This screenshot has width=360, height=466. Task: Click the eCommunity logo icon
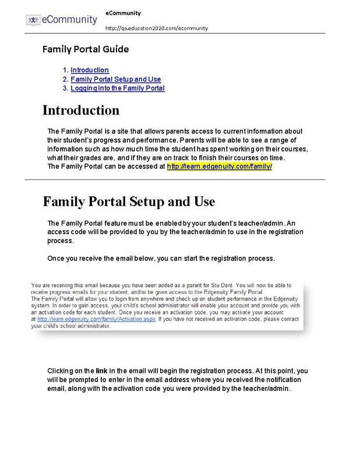[33, 19]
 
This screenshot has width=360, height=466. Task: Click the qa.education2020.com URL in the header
[157, 28]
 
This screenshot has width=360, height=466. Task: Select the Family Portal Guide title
[85, 49]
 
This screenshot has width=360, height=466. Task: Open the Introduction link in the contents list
[90, 70]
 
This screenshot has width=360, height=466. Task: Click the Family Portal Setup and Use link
[115, 79]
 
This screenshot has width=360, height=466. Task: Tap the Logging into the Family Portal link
[118, 89]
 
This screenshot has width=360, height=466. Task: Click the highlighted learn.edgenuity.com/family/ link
[220, 166]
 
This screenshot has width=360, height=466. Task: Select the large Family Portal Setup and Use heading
[129, 202]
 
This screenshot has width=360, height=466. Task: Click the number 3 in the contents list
[66, 89]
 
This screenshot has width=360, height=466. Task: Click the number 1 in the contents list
[66, 70]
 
